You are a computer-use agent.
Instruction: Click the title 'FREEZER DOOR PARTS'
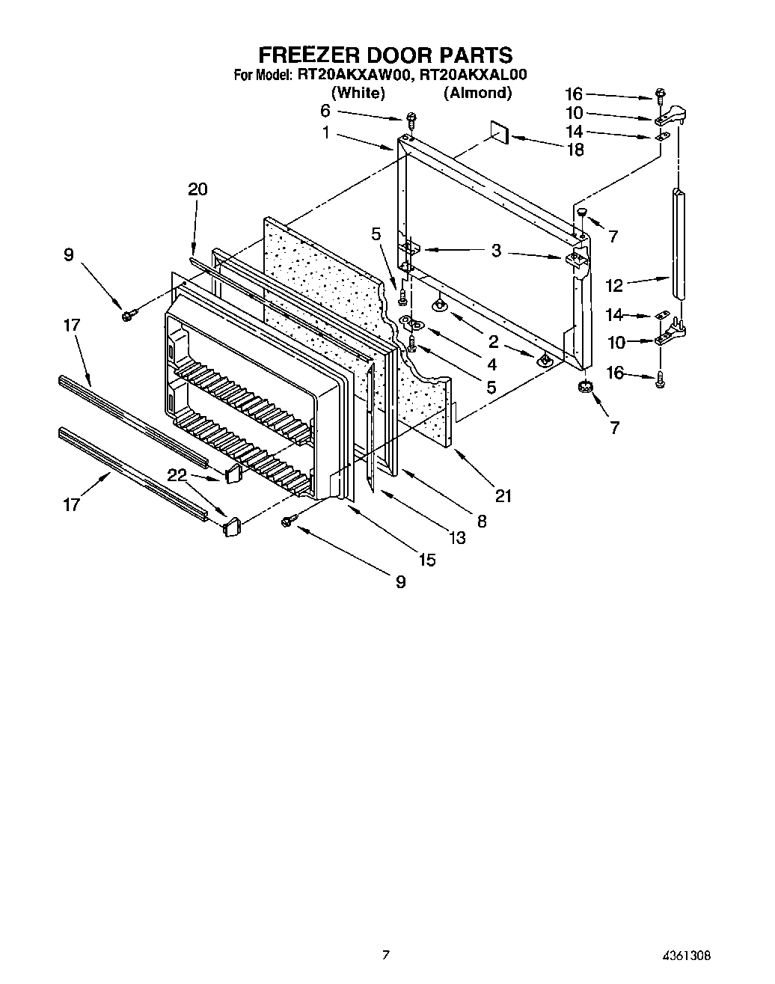click(385, 55)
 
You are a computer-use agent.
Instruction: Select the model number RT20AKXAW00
click(353, 75)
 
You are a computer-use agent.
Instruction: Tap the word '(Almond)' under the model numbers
click(477, 93)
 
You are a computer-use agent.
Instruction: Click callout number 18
click(575, 150)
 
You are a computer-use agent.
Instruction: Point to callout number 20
click(197, 189)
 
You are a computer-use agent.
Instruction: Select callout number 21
click(503, 495)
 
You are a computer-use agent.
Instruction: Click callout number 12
click(613, 286)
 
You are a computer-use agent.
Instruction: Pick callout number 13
click(456, 537)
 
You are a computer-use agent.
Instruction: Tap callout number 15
click(426, 559)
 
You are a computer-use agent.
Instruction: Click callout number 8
click(481, 522)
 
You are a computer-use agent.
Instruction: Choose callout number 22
click(177, 474)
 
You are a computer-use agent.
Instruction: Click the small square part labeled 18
click(499, 132)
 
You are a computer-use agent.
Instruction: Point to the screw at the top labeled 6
click(411, 119)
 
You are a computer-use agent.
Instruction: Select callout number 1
click(326, 132)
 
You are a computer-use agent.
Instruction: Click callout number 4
click(491, 364)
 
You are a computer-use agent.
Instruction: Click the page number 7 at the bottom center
click(386, 954)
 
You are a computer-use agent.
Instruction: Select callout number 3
click(496, 251)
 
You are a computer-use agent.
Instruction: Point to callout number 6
click(325, 110)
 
